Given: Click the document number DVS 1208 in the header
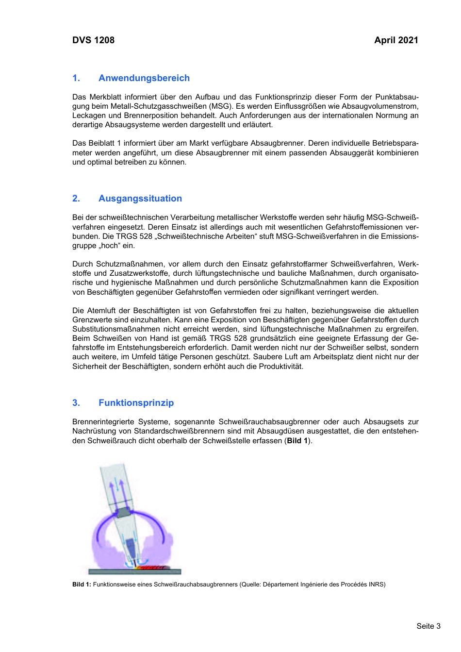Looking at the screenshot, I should (x=93, y=40).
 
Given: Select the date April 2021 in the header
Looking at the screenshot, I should (x=396, y=40).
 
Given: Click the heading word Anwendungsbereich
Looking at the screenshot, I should (x=144, y=78).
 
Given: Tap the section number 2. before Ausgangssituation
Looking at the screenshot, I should (x=76, y=199).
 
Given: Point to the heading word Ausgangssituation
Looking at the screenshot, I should (x=140, y=199).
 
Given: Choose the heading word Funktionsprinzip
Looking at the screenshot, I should (x=136, y=403).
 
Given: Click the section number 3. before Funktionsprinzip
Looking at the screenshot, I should (x=76, y=403).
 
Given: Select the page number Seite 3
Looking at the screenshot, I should (x=428, y=626).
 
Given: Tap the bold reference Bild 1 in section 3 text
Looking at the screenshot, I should (x=297, y=441).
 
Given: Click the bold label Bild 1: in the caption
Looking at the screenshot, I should (x=82, y=585).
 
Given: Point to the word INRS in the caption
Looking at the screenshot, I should (x=377, y=585).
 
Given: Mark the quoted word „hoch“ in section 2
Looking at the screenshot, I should (x=110, y=246).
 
